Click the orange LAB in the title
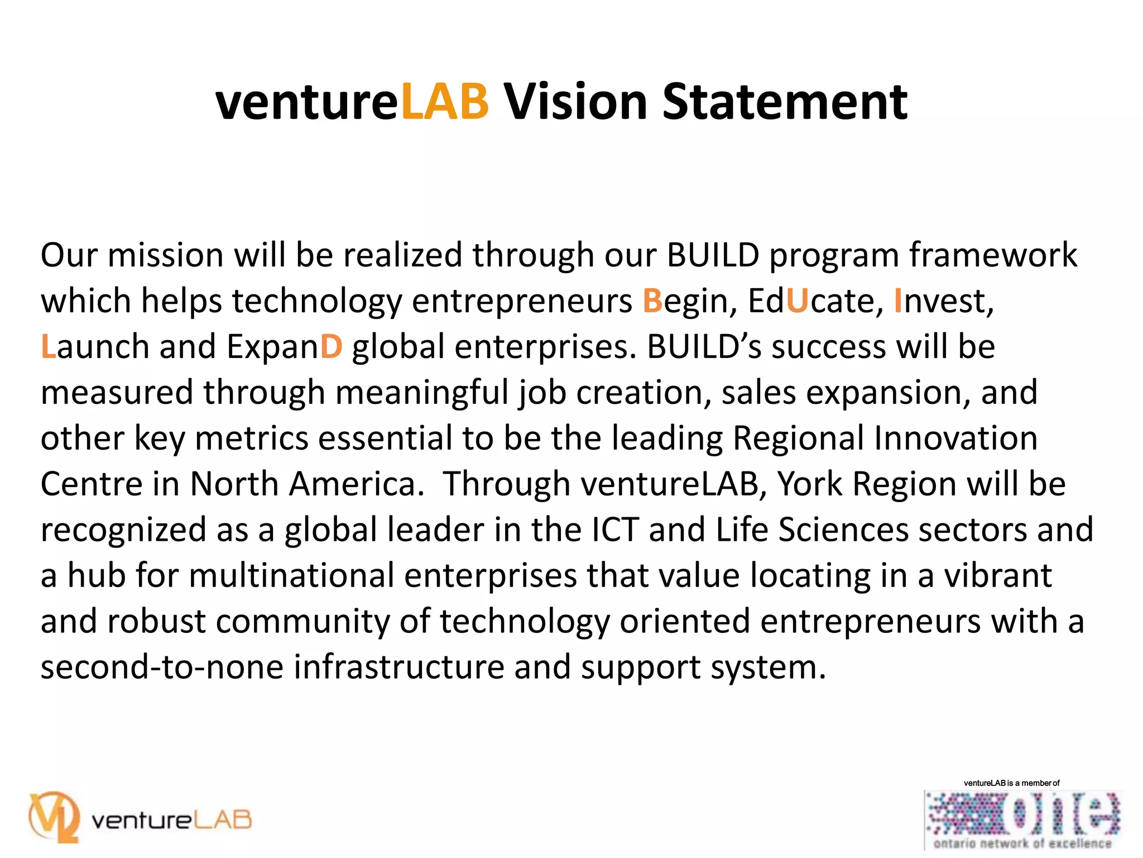coord(445,102)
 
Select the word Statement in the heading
coord(785,102)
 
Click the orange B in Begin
coord(652,301)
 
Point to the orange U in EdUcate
coord(797,301)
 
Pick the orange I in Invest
coord(898,301)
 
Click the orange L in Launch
coord(48,347)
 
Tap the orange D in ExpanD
coord(331,347)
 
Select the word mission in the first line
coord(165,255)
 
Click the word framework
coord(993,255)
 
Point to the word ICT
coord(614,530)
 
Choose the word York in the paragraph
coord(810,484)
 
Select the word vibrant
coord(997,575)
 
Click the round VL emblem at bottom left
coord(54,817)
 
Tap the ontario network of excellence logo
coord(1022,819)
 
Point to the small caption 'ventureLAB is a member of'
coord(1011,783)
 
